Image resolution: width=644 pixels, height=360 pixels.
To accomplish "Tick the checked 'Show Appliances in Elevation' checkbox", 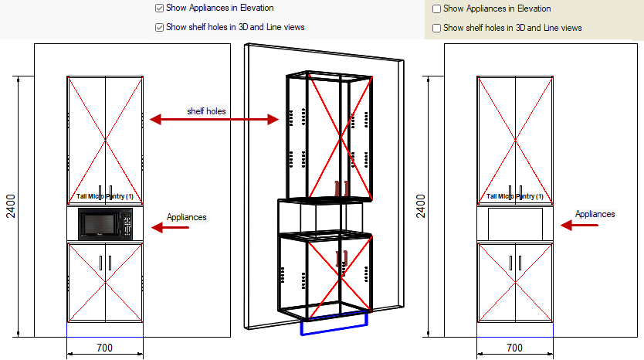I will coord(159,8).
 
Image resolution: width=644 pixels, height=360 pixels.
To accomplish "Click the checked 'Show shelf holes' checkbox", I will coord(159,27).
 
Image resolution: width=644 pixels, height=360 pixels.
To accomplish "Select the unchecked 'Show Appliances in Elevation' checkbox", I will coord(437,9).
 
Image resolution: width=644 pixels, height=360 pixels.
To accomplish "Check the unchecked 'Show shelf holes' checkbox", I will coord(437,28).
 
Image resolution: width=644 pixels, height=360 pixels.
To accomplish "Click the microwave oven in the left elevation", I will coord(105,224).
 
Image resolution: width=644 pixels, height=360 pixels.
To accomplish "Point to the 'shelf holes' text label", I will coord(206,111).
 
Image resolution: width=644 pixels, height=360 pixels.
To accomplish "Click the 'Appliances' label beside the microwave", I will coord(186,217).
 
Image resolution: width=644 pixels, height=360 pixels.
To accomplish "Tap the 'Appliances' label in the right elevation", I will coord(595,214).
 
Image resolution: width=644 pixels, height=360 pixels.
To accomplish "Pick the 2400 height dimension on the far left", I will coord(12,206).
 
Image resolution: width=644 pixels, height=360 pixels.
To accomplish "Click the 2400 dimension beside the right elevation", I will coord(421,206).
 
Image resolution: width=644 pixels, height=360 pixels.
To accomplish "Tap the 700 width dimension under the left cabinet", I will coord(104,348).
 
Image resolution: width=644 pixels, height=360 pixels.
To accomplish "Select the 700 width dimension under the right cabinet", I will coord(514,348).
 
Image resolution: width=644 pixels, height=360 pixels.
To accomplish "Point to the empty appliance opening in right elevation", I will coord(515,224).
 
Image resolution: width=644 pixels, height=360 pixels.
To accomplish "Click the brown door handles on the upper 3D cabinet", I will coord(342,188).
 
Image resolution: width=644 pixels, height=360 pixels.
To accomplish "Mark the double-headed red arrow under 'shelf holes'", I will coord(214,119).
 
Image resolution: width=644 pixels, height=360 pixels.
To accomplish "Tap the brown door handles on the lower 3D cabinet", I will coord(341,259).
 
